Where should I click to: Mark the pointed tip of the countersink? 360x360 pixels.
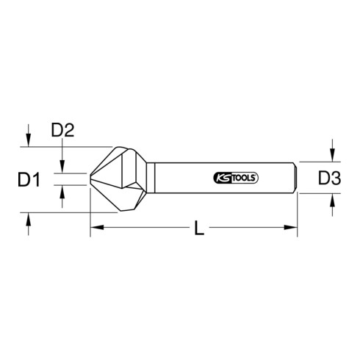tap(91, 179)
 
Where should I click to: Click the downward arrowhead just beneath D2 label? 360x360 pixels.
tap(64, 168)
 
